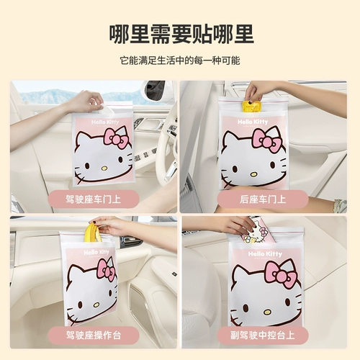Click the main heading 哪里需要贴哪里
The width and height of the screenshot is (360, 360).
click(180, 32)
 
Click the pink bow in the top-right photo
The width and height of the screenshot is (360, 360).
click(266, 138)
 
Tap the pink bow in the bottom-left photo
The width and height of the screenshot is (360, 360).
click(105, 269)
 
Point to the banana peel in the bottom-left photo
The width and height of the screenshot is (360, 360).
click(91, 235)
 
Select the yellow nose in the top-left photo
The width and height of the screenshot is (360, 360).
click(104, 167)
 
